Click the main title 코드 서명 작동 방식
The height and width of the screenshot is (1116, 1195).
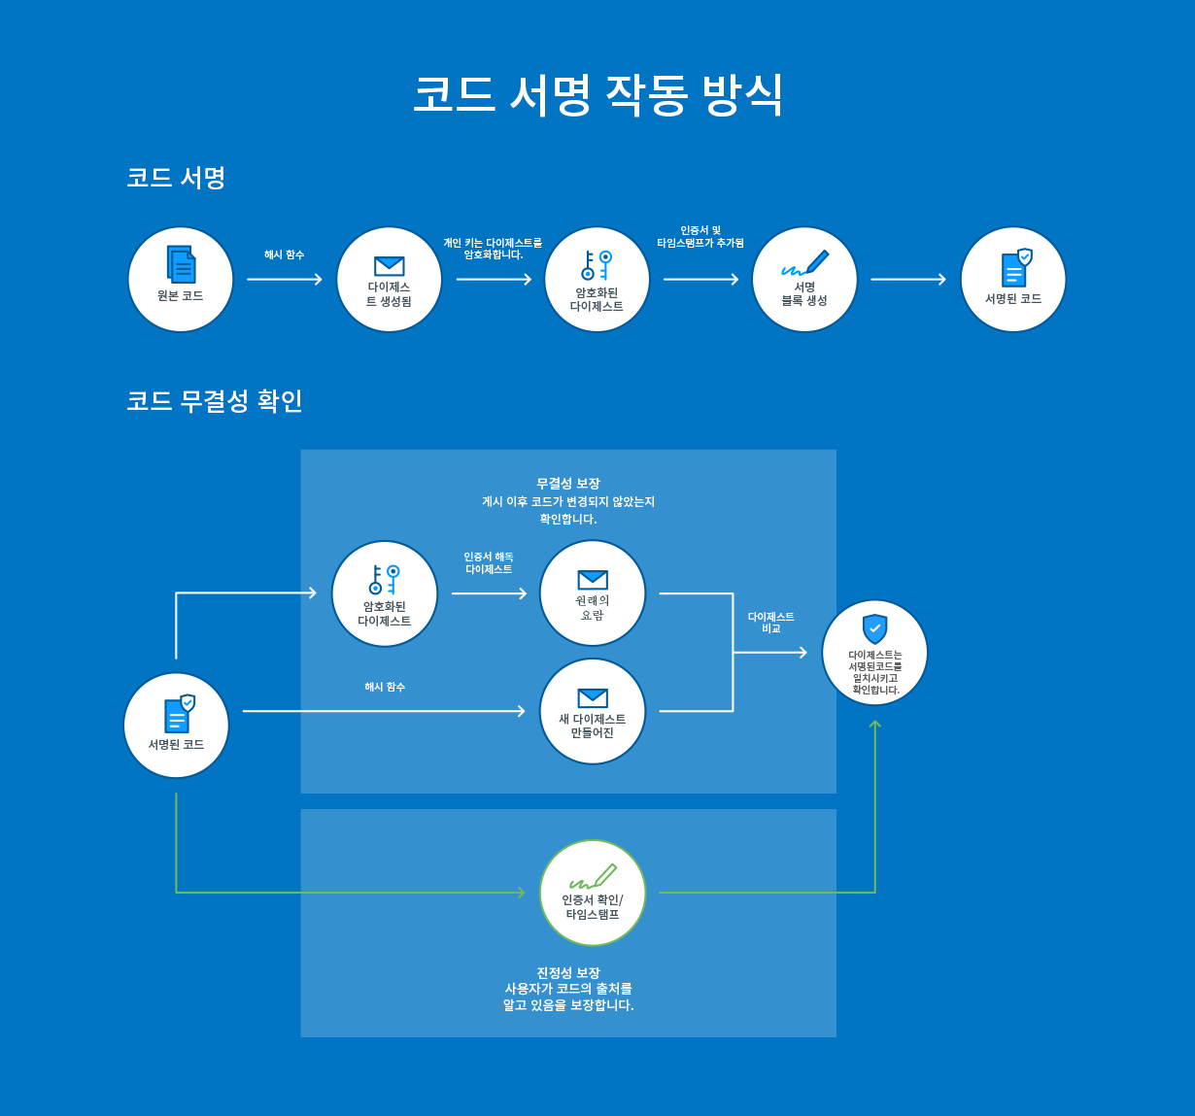pyautogui.click(x=597, y=95)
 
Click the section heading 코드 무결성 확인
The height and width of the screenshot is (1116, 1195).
pyautogui.click(x=215, y=401)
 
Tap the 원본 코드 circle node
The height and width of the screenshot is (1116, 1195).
pyautogui.click(x=181, y=280)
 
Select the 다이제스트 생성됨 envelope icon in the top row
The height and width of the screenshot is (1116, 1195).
pyautogui.click(x=389, y=265)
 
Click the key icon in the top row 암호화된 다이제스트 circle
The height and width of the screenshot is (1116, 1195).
pyautogui.click(x=597, y=265)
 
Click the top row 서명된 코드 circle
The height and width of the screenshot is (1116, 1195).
pyautogui.click(x=1013, y=280)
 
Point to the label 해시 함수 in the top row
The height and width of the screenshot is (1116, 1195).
pyautogui.click(x=284, y=254)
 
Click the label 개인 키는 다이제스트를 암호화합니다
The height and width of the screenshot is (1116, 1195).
pyautogui.click(x=493, y=249)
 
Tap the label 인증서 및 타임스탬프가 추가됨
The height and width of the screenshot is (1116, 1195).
pyautogui.click(x=700, y=237)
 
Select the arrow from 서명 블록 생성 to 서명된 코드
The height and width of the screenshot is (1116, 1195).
pyautogui.click(x=908, y=280)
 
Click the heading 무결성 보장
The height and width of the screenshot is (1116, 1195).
pyautogui.click(x=568, y=484)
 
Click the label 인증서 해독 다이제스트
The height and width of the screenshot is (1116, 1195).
pyautogui.click(x=489, y=563)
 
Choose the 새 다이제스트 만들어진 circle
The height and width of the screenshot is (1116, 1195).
pyautogui.click(x=593, y=711)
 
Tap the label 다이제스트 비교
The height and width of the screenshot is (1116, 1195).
pyautogui.click(x=771, y=623)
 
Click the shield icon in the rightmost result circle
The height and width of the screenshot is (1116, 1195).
pyautogui.click(x=875, y=628)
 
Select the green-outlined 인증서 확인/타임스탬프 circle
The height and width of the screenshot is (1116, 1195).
pyautogui.click(x=593, y=893)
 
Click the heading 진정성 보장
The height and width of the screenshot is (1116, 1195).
pyautogui.click(x=568, y=973)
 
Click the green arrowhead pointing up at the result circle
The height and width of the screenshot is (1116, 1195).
pyautogui.click(x=875, y=725)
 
